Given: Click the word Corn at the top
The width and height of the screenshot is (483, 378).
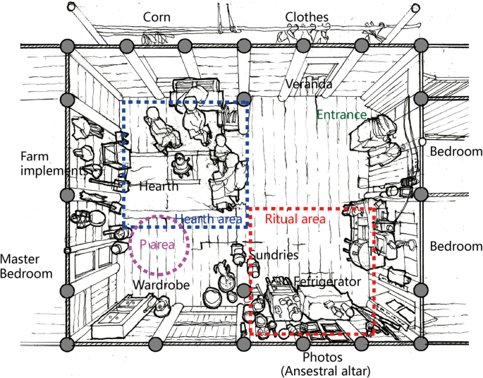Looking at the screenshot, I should coord(158,16).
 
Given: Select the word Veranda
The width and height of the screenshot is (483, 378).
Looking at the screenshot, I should coord(308,85).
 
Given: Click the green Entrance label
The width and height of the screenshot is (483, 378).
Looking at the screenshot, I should coord(341,114).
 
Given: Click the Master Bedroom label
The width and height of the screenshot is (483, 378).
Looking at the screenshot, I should coord(26,266).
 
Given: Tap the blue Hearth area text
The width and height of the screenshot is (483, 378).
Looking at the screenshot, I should coord(209,220).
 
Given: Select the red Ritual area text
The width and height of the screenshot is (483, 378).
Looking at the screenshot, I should coord(295,219).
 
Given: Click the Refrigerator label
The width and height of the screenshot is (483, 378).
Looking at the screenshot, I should coord(327,282).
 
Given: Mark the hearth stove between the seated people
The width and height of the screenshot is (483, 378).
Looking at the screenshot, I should coord(183,164).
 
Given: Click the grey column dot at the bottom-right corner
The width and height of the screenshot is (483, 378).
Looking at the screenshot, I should coord(422,344).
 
